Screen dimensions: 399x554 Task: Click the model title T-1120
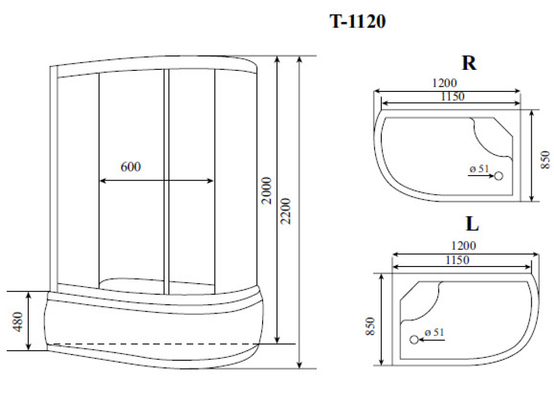pyautogui.click(x=357, y=22)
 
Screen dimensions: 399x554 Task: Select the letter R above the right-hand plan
pyautogui.click(x=469, y=63)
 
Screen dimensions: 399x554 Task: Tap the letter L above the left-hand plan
pyautogui.click(x=471, y=224)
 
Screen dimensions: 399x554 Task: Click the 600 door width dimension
pyautogui.click(x=130, y=167)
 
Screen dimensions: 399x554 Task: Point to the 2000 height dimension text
pyautogui.click(x=267, y=191)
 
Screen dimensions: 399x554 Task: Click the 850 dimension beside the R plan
pyautogui.click(x=545, y=160)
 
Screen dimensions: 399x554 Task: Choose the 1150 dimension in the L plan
pyautogui.click(x=457, y=259)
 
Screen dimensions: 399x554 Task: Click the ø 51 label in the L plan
pyautogui.click(x=434, y=332)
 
